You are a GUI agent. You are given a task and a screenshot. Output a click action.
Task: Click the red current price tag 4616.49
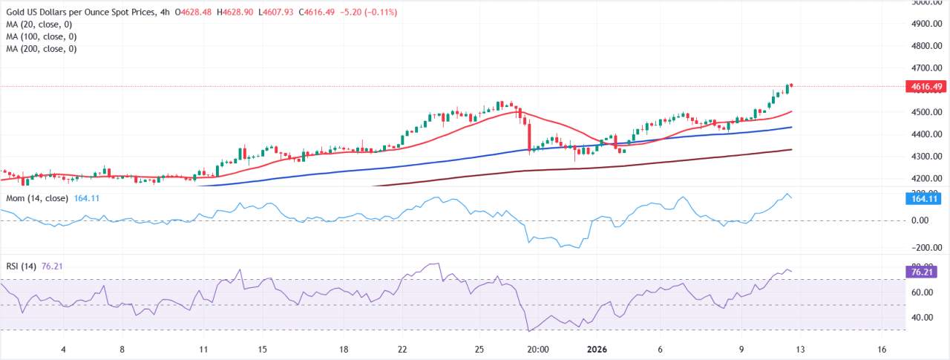(926, 87)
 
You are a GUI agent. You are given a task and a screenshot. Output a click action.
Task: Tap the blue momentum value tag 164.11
(926, 199)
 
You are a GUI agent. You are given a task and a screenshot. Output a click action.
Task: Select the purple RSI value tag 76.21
(926, 272)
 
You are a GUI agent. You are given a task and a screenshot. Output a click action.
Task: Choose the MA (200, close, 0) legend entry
(43, 49)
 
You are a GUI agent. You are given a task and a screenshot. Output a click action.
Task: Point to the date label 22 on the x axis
(402, 349)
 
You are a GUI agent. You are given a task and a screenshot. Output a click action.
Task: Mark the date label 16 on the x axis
(881, 349)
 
